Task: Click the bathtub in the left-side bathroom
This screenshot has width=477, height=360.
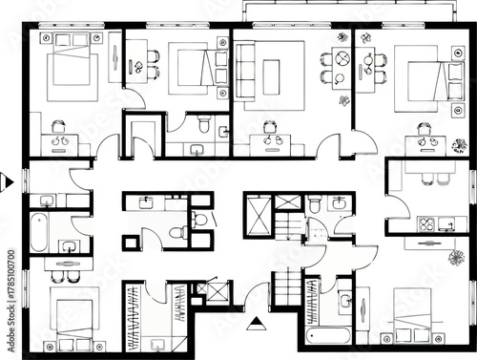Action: [37, 232]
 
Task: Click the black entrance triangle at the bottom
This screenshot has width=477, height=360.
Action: [255, 324]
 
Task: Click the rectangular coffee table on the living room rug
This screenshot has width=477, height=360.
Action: [271, 76]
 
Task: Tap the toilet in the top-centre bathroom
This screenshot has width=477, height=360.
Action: [202, 125]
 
